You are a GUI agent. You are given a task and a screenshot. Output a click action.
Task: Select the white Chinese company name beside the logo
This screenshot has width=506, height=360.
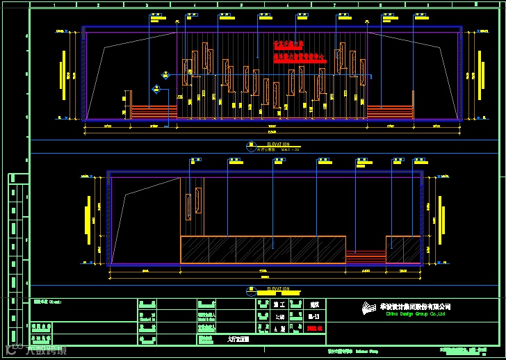415,306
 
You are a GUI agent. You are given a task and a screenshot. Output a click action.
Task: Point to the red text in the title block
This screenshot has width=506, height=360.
315,328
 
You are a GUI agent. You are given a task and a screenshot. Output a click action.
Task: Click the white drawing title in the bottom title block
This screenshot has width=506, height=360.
238,340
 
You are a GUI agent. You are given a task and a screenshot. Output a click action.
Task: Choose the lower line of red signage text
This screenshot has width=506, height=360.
300,59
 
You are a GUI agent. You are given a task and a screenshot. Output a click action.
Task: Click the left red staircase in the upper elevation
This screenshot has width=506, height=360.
154,111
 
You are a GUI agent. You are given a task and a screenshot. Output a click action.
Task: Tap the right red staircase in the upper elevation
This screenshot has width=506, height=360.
389,111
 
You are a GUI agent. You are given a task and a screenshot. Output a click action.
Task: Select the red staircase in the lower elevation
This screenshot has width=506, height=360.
366,257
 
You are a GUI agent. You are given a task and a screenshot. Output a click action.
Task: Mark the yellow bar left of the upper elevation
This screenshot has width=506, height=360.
63,76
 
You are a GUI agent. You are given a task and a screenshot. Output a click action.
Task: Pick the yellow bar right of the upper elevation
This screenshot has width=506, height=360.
481,74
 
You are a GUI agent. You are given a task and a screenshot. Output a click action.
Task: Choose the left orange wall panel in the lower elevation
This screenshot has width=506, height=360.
188,206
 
